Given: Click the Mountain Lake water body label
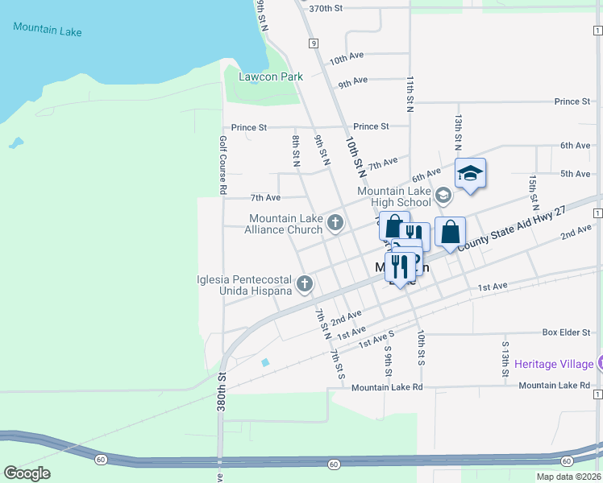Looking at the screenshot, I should (48, 30).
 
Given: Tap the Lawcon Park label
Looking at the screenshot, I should (270, 77).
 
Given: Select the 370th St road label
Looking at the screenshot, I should (326, 8).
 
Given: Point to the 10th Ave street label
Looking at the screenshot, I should (347, 59).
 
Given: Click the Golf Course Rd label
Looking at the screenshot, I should (222, 164).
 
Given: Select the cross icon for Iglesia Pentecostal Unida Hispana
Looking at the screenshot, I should (305, 283).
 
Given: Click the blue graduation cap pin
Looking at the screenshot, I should (471, 174).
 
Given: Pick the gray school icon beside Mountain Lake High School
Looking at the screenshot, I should (443, 195).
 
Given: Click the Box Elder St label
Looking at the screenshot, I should (560, 332).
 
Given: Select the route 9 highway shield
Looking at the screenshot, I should (312, 43).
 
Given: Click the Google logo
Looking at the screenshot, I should (27, 473).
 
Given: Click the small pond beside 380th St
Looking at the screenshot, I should (265, 362).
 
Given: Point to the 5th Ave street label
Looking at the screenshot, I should (576, 174).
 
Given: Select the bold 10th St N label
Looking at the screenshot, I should (354, 155).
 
